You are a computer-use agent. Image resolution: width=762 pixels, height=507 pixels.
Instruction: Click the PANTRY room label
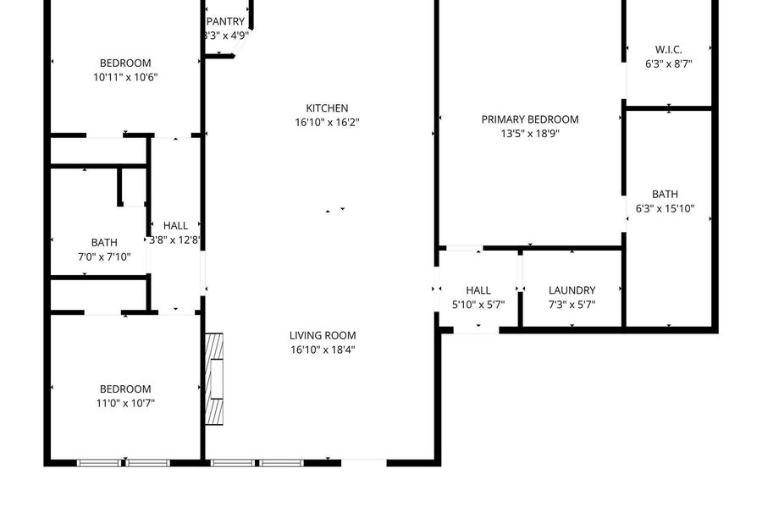[x=225, y=22]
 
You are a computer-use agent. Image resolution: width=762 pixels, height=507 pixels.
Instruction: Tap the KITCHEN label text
[x=327, y=108]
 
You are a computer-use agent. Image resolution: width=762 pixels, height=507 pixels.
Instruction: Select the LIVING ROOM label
[x=323, y=335]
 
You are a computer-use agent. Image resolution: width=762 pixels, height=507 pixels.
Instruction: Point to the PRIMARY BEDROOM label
[x=530, y=119]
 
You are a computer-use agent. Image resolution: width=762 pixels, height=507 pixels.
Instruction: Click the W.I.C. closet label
[x=668, y=50]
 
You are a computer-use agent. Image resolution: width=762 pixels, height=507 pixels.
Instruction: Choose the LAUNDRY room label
[x=572, y=290]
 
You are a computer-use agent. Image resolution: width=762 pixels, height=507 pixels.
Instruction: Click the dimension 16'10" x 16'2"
[x=327, y=123]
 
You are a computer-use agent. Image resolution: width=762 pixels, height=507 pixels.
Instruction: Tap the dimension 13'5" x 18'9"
[x=530, y=134]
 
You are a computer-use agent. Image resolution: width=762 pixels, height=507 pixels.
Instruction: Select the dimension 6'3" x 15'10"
[x=665, y=209]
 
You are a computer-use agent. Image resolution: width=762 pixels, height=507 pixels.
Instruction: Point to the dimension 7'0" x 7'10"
[x=104, y=257]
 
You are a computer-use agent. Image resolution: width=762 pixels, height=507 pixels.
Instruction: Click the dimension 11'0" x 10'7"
[x=125, y=403]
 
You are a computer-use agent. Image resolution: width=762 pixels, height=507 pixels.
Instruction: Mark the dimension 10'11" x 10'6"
[x=125, y=77]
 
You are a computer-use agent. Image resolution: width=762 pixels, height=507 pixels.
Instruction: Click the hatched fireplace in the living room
[x=214, y=379]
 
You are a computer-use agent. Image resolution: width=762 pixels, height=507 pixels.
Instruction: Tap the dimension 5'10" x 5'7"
[x=478, y=305]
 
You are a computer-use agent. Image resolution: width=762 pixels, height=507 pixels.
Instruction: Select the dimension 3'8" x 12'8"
[x=175, y=240]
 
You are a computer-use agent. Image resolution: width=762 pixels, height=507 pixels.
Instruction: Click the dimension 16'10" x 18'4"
[x=323, y=350]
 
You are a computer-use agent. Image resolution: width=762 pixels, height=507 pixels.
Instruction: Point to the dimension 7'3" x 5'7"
[x=572, y=305]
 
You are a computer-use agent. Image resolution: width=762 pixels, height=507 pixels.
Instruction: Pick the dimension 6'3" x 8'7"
[x=668, y=64]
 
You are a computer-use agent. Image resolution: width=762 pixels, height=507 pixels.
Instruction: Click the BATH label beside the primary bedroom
[x=665, y=195]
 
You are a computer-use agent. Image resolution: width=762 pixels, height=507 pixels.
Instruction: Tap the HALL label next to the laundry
[x=478, y=290]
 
